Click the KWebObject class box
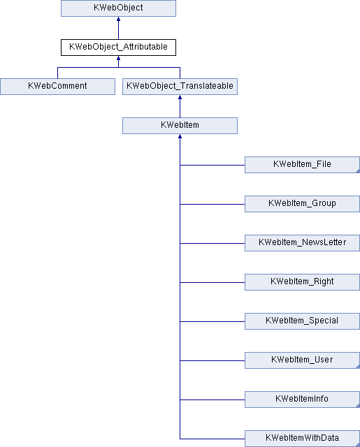coord(118,8)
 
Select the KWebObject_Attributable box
coord(118,47)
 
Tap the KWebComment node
coord(57,87)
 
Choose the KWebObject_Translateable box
coord(180,87)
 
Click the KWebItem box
coord(180,126)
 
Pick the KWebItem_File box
coord(302,165)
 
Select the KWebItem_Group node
coord(302,204)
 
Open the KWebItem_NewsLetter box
coord(302,243)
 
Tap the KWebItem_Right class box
coord(302,282)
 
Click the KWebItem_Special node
coord(302,321)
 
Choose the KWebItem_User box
coord(302,360)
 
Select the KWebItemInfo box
coord(302,400)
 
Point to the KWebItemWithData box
coord(302,439)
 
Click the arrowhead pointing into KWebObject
coord(118,19)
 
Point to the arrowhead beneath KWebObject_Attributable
coord(118,58)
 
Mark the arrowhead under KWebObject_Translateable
coord(180,97)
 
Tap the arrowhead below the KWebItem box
coord(180,136)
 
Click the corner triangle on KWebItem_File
coord(358,171)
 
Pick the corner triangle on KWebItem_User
coord(358,367)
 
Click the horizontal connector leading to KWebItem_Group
coord(213,204)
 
